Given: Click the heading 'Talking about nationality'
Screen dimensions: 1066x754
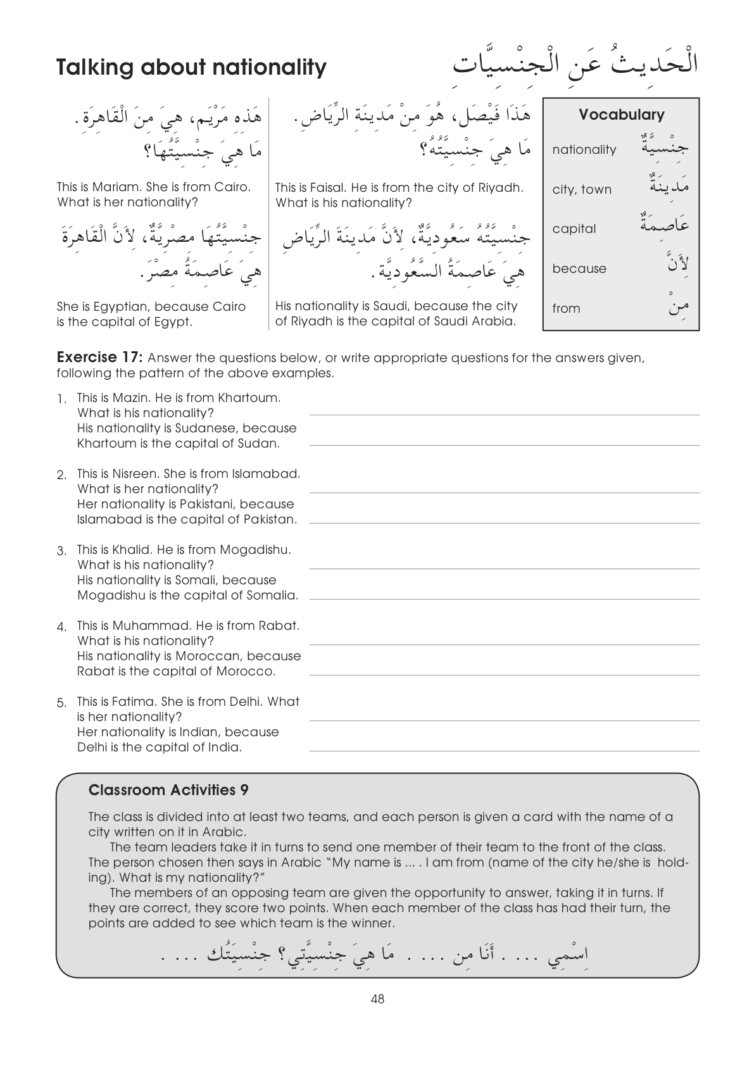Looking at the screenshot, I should click(x=191, y=67).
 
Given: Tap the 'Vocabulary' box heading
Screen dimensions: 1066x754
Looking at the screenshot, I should click(x=621, y=115).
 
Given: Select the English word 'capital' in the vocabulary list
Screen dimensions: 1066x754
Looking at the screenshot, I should click(x=574, y=229).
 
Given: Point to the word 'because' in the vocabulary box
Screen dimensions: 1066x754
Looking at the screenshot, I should click(x=579, y=268).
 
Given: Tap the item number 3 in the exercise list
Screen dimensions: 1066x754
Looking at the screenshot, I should click(x=62, y=551).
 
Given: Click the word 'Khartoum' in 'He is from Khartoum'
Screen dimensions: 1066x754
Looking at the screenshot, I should click(x=249, y=398).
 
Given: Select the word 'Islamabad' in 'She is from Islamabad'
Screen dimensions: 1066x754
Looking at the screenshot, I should click(x=266, y=474).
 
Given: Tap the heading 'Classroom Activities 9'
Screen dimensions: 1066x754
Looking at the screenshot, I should click(x=168, y=790).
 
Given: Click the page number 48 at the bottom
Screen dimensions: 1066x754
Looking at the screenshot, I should click(x=378, y=1000).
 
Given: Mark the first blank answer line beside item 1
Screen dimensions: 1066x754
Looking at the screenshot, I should click(x=504, y=415).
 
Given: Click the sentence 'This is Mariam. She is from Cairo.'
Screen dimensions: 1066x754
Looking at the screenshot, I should click(x=153, y=187).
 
